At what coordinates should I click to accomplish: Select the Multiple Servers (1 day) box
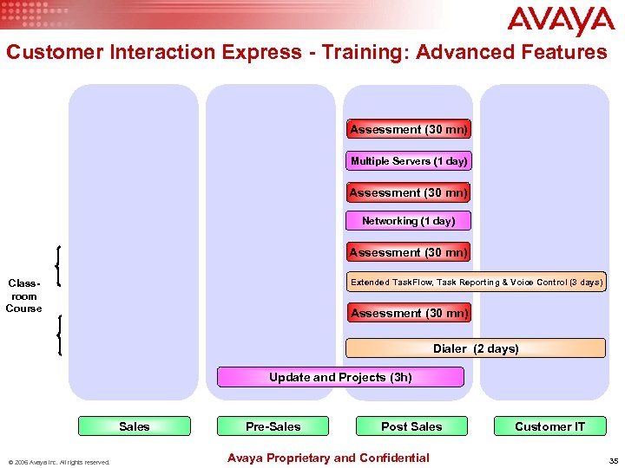(x=409, y=161)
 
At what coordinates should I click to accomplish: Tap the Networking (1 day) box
(x=408, y=221)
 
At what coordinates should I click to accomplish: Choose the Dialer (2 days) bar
(x=476, y=348)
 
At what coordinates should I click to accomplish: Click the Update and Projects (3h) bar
(x=340, y=377)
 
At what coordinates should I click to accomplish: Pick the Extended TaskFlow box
(x=477, y=283)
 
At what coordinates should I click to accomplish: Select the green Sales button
(x=134, y=426)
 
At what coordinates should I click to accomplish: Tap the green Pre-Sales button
(x=273, y=426)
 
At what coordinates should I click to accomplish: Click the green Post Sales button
(x=411, y=426)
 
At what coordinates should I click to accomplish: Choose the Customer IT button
(x=549, y=426)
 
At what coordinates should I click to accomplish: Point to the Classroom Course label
(x=23, y=296)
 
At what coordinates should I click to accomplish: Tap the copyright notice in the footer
(x=59, y=462)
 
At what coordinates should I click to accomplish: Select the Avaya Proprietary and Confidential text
(x=327, y=458)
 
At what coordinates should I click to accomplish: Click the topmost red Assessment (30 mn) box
(x=409, y=129)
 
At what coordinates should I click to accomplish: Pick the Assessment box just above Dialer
(x=409, y=313)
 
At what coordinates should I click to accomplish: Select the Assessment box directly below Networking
(x=409, y=252)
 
